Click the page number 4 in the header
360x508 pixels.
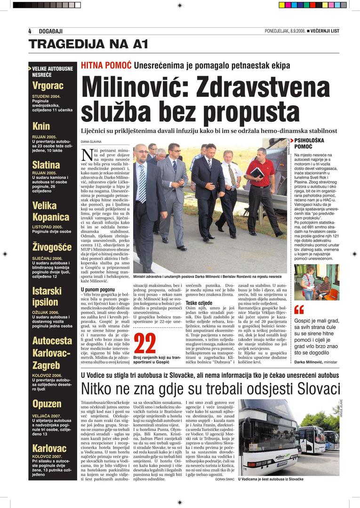pyautogui.click(x=30, y=31)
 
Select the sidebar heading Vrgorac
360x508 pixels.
pyautogui.click(x=48, y=86)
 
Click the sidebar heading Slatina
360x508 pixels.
pyautogui.click(x=46, y=165)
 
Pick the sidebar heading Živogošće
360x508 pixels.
pyautogui.click(x=52, y=247)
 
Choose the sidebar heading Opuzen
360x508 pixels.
pyautogui.click(x=47, y=404)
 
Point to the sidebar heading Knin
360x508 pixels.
pyautogui.click(x=41, y=126)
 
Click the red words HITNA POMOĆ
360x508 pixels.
pyautogui.click(x=106, y=65)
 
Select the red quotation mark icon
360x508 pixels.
pyautogui.click(x=299, y=309)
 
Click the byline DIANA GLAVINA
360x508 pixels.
pyautogui.click(x=91, y=141)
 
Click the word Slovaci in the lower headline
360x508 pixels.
pyautogui.click(x=311, y=389)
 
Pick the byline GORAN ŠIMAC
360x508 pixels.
pyautogui.click(x=225, y=479)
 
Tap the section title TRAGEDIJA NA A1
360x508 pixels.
pyautogui.click(x=88, y=45)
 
